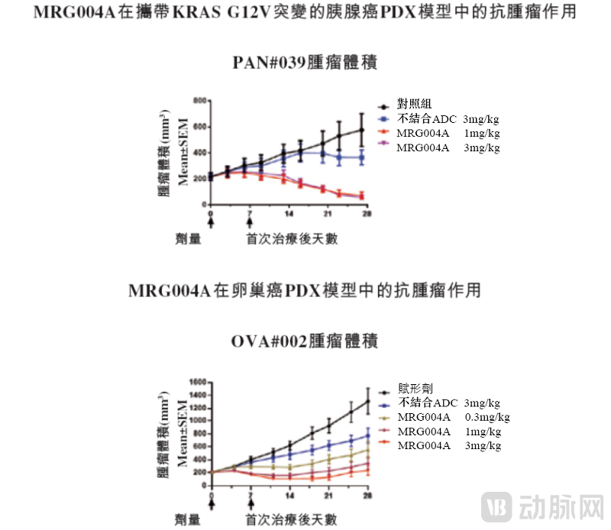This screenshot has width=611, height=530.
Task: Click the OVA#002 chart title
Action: [x=305, y=341]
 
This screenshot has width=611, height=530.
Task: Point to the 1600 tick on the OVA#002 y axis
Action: [x=199, y=382]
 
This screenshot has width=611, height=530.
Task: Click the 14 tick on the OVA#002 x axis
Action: [x=289, y=497]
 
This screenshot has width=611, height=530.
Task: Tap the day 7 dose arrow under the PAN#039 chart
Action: [x=249, y=222]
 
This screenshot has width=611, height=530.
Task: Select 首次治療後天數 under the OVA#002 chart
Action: [x=291, y=520]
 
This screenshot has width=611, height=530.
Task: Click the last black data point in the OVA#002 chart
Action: [x=367, y=401]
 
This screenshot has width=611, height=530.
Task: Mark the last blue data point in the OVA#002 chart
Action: [x=367, y=436]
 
